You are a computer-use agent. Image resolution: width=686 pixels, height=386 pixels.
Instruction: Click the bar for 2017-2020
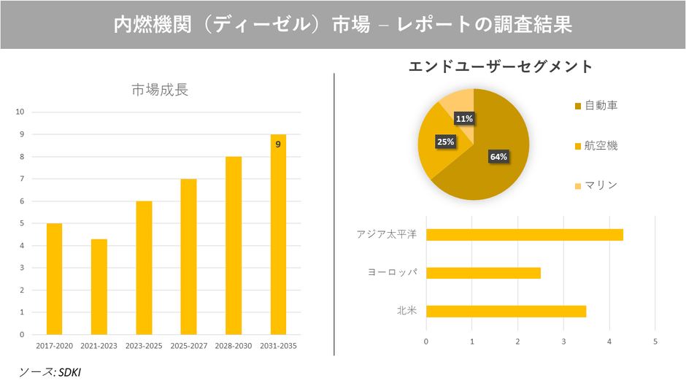[54, 279]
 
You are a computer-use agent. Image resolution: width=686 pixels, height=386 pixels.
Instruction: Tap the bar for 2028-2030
[233, 245]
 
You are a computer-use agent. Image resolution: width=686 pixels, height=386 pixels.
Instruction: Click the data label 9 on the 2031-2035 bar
[278, 144]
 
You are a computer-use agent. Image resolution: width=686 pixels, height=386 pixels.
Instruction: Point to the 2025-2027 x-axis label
[188, 346]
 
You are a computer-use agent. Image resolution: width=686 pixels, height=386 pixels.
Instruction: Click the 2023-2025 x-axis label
[144, 346]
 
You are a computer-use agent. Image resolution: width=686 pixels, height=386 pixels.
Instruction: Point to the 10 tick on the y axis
[20, 112]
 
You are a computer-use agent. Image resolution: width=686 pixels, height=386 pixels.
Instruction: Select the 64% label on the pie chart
[498, 157]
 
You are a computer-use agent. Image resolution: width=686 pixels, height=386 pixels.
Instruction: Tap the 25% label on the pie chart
[445, 142]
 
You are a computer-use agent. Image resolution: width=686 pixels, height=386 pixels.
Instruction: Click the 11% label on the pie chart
[463, 118]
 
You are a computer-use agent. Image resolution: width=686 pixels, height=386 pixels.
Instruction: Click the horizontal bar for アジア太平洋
[524, 234]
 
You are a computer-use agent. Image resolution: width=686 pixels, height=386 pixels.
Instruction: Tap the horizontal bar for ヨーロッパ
[483, 273]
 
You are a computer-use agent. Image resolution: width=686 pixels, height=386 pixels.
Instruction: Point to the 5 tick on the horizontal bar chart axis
[655, 341]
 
